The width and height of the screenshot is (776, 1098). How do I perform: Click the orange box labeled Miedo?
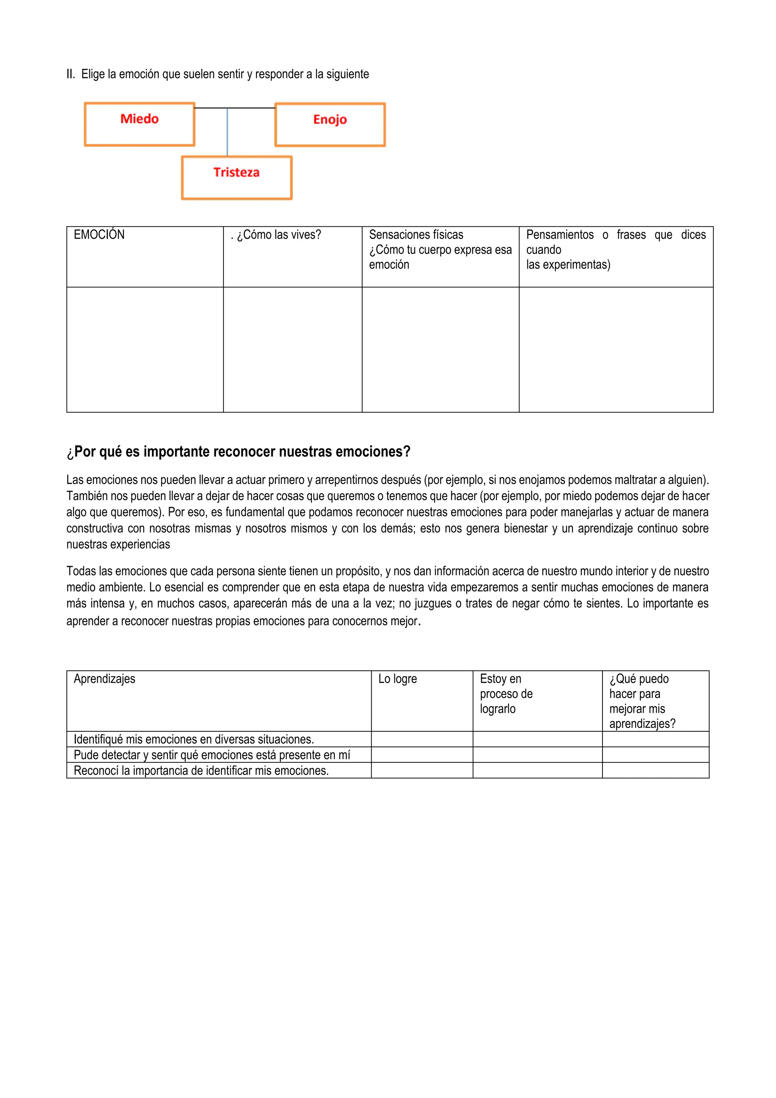coord(139,124)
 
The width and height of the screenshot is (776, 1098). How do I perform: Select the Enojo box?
coord(330,124)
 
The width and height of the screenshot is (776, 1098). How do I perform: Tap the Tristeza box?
coord(236,177)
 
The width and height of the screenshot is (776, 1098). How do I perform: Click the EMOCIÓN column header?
coord(99,235)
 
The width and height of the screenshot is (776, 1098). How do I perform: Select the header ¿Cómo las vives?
coord(276,235)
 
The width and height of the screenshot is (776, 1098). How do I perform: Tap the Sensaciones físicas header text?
coord(416,235)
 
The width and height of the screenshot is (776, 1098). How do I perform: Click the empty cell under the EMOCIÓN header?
coord(145,349)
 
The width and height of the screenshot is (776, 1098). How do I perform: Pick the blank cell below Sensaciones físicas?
coord(440,349)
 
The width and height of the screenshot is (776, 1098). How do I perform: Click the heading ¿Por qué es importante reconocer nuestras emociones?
coord(238,452)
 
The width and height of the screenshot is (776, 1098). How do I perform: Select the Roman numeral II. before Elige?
coord(71,74)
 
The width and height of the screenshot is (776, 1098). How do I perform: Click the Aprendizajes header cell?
coord(105,679)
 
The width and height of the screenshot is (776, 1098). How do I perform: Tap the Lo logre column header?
coord(397,679)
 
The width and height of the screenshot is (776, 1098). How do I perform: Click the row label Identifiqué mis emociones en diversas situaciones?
coord(194,739)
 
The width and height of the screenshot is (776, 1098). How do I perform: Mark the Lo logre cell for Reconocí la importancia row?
coord(422,770)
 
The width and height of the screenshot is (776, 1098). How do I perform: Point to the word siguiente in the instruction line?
coord(347,74)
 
